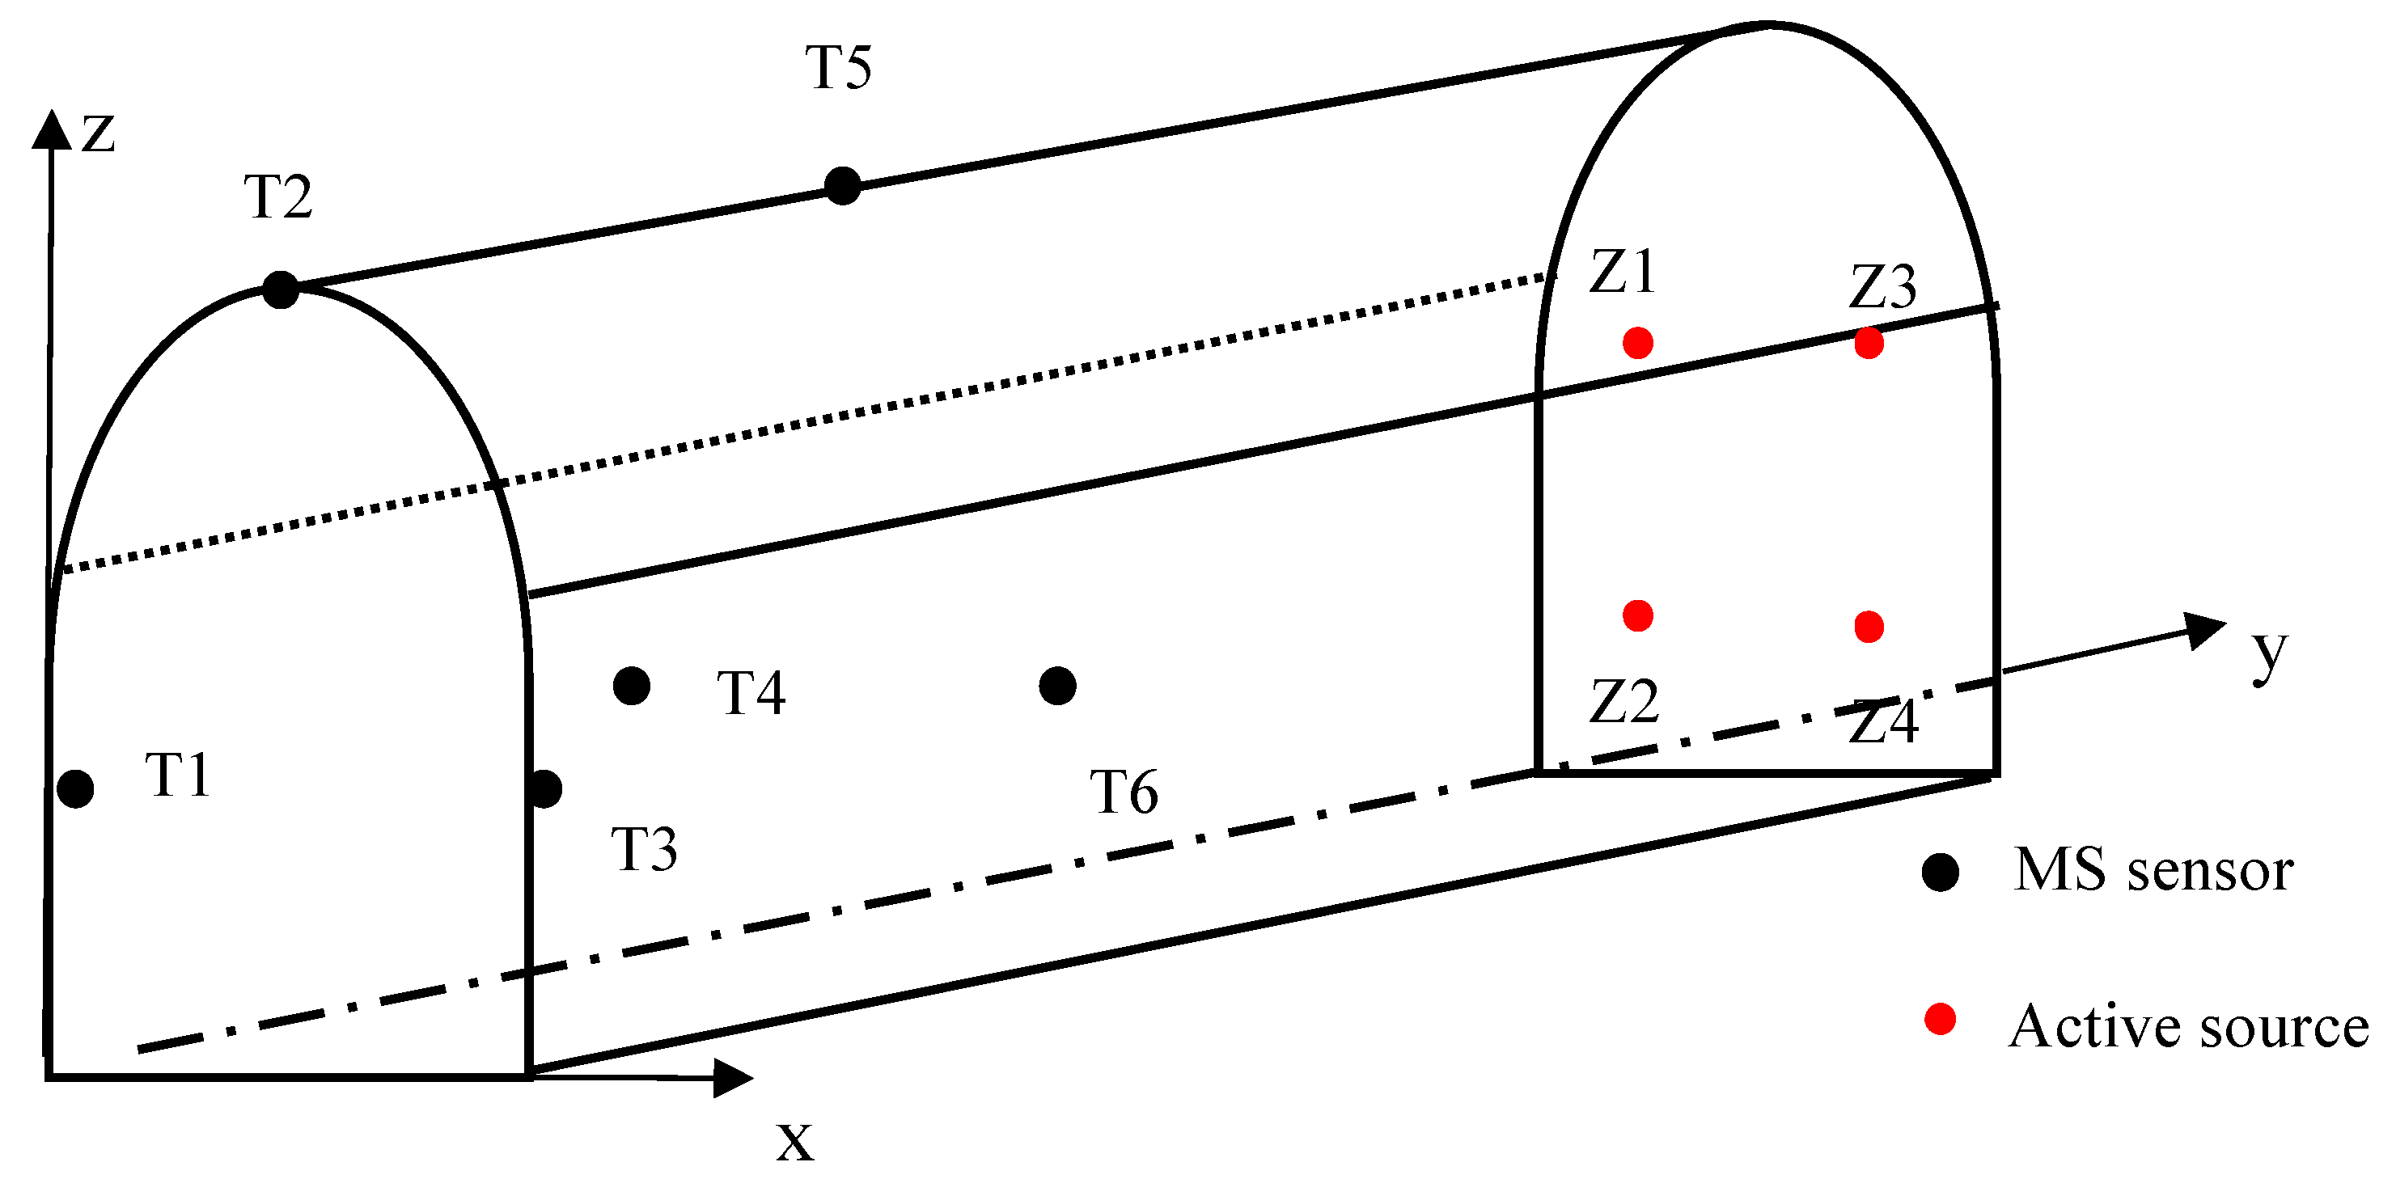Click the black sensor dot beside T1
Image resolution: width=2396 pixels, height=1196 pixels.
75,788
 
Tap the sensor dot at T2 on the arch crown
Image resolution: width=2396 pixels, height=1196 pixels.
280,289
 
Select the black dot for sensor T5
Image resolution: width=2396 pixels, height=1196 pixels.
843,186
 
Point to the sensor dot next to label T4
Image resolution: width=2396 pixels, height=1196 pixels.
632,687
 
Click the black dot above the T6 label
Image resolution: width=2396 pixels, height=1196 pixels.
1057,687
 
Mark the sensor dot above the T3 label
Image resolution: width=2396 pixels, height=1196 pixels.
545,788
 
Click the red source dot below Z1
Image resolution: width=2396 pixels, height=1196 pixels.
1638,342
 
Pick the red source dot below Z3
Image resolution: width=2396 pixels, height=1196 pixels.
1869,343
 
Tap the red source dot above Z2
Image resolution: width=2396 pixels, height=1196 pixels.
1638,615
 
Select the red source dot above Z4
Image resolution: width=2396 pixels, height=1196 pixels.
1869,627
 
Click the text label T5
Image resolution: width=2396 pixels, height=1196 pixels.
839,68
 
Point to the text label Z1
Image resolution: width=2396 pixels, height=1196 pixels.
1623,272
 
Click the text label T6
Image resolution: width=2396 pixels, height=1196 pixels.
1124,792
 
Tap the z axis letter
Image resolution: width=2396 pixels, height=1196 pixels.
99,133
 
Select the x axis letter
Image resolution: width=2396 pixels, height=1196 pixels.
795,1141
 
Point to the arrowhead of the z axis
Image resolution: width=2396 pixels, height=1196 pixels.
51,130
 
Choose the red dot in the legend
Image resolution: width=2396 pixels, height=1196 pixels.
1941,1019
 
